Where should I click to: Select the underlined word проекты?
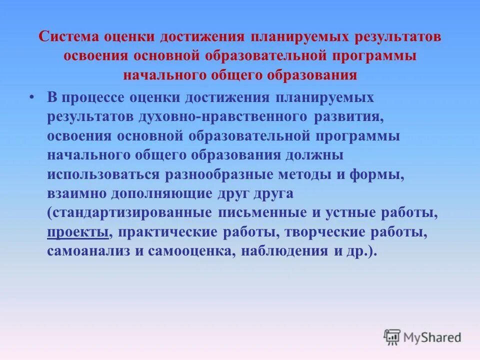tap(78, 232)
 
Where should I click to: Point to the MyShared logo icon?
tap(392, 337)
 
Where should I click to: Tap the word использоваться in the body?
tap(103, 174)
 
